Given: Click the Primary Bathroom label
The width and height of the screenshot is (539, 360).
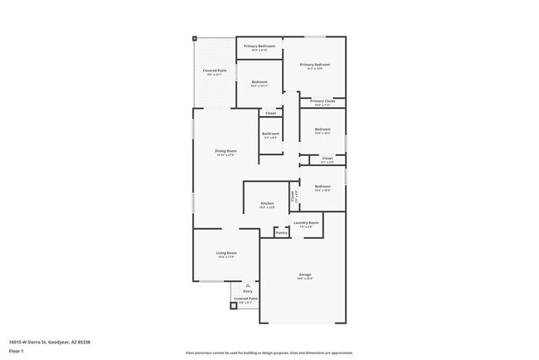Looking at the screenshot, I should (x=260, y=46).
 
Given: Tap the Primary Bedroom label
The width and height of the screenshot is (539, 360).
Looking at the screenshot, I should (x=315, y=65).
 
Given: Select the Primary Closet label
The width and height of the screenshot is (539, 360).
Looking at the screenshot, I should (x=323, y=101).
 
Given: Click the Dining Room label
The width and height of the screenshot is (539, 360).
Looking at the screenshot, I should (x=226, y=151).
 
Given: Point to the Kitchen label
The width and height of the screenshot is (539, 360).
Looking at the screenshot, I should (x=267, y=203).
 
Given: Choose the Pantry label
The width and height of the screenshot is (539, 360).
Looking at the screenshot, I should (x=281, y=233).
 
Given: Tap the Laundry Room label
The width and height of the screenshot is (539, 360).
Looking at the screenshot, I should (x=307, y=222).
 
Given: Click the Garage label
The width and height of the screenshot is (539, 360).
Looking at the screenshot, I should (x=305, y=275).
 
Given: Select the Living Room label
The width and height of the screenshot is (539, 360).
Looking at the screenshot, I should (x=226, y=253).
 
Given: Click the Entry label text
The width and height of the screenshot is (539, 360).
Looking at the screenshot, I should (x=247, y=291).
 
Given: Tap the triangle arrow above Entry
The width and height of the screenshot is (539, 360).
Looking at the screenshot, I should (x=247, y=285).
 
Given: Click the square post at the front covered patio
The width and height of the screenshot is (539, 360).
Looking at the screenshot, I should (x=233, y=305).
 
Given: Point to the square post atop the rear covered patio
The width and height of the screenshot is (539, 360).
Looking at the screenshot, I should (x=196, y=38).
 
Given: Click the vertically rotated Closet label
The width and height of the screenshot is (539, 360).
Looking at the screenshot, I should (x=293, y=197).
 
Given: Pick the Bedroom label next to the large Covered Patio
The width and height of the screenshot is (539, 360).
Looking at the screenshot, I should (x=260, y=81).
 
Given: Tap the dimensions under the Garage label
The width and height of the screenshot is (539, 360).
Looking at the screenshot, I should (x=305, y=279).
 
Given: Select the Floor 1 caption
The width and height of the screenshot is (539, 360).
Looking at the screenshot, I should (x=17, y=351).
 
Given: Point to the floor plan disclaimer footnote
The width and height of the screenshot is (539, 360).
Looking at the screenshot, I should (x=269, y=352).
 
